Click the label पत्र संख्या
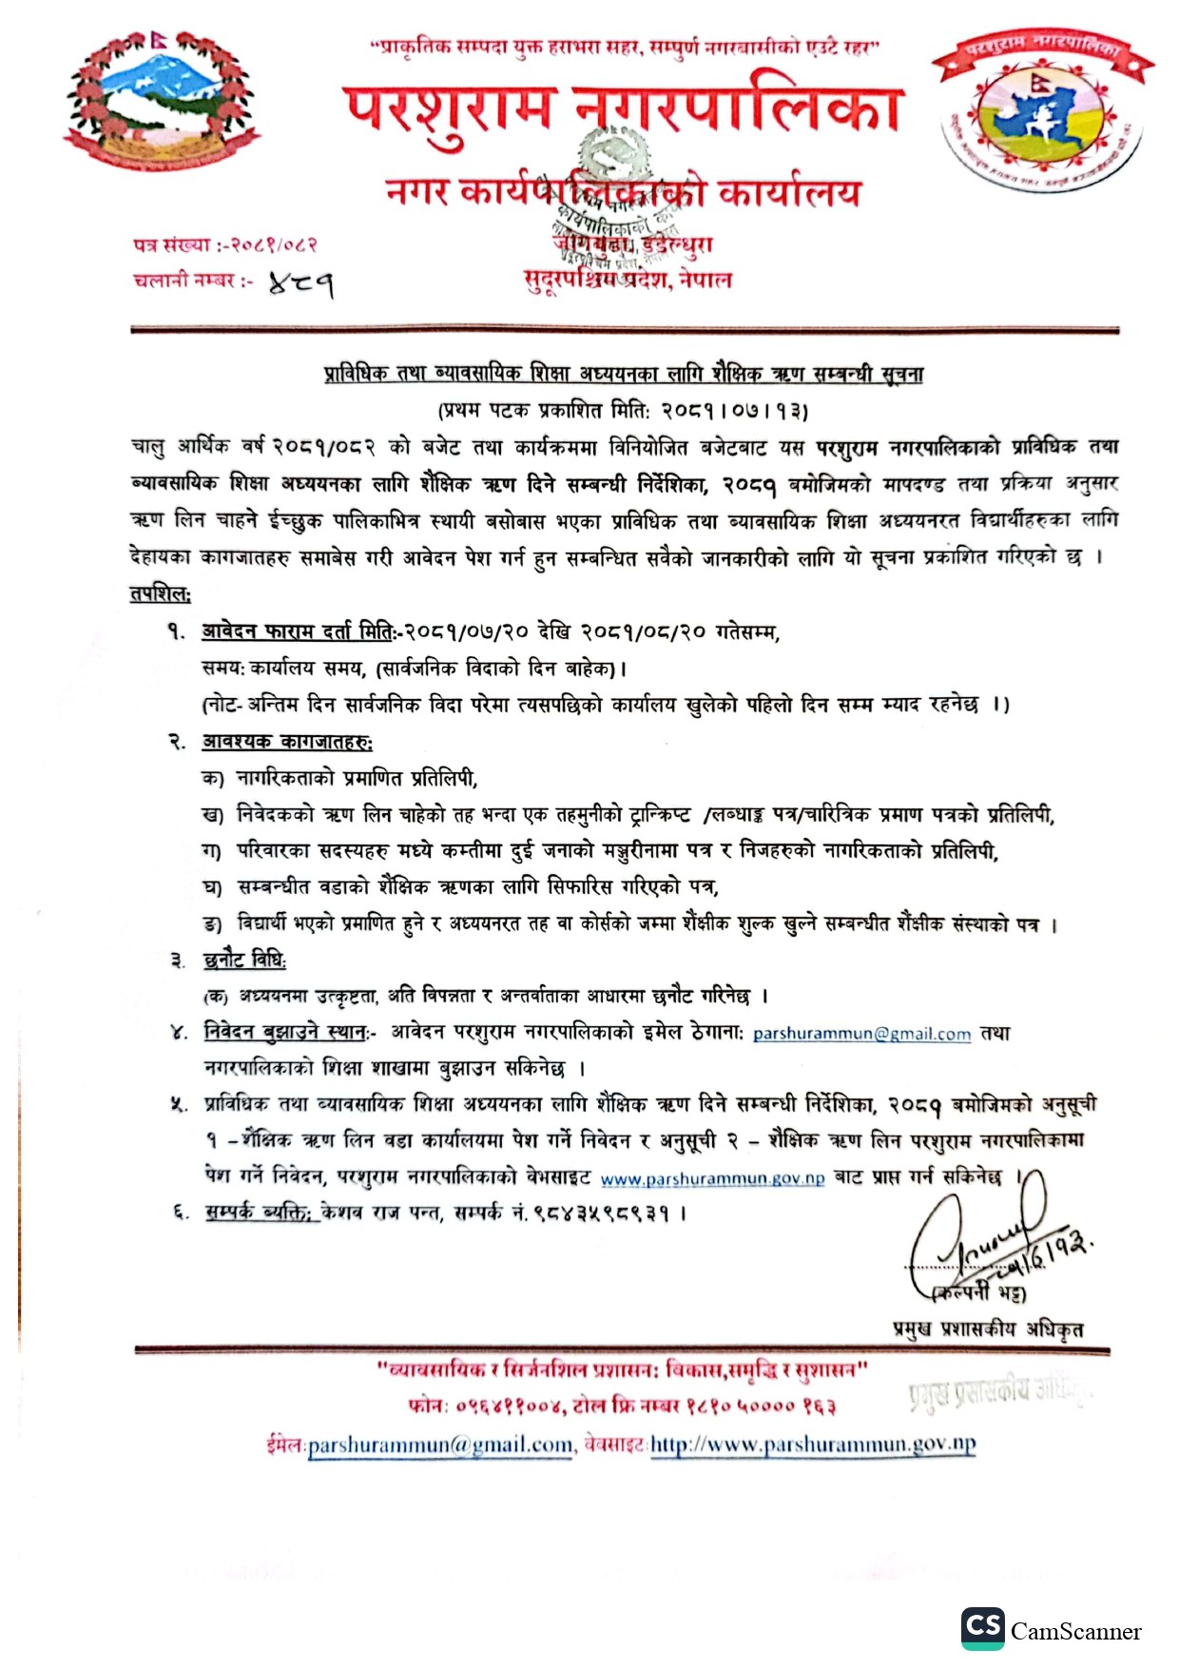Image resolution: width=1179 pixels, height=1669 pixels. point(171,244)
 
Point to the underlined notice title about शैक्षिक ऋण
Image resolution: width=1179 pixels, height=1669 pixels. point(624,374)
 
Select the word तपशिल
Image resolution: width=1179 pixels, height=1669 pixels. point(160,593)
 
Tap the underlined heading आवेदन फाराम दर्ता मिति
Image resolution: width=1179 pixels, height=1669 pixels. point(299,631)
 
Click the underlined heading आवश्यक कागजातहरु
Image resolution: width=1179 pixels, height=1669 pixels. point(287,742)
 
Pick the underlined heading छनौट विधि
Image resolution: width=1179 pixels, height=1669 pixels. point(244,960)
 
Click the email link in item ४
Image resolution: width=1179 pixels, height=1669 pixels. point(861,1034)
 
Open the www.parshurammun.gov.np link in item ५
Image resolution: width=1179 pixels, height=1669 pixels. point(712,1179)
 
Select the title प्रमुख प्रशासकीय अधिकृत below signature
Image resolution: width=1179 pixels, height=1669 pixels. point(988,1329)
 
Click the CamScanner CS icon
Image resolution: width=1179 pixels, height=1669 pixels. point(982,1627)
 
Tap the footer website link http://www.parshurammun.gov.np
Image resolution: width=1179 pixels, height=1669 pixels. point(813,1445)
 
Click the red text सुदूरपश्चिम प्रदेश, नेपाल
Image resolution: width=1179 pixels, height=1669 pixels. point(628,280)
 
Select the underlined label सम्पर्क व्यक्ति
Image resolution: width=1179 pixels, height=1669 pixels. point(258,1213)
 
